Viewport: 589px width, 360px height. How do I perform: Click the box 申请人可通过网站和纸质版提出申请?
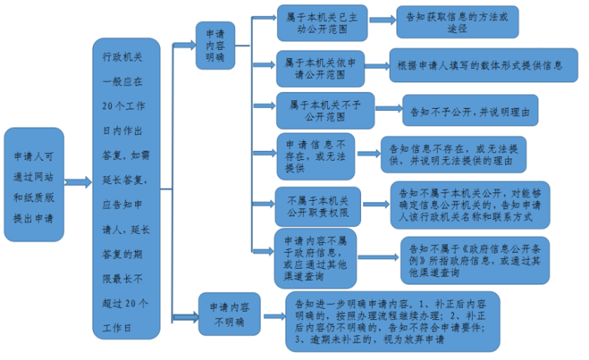(34, 184)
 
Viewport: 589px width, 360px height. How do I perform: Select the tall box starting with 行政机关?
(126, 189)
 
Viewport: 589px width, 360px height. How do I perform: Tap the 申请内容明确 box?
(215, 45)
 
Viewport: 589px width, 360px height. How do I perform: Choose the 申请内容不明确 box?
(229, 314)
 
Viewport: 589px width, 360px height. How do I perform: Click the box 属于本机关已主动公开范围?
(322, 23)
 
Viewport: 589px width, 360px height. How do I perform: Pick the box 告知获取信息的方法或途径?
(457, 22)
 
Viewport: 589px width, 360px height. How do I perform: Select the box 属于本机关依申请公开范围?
(320, 69)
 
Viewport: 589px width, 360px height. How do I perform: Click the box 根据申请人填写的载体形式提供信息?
(483, 65)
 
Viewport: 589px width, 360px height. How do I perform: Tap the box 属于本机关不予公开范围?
(325, 111)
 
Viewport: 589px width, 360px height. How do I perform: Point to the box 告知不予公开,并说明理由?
(470, 110)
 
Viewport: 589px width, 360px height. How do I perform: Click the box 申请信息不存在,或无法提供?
(316, 156)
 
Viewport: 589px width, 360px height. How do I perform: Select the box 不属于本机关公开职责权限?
(318, 207)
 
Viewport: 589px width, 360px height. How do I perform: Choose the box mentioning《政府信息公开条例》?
(475, 260)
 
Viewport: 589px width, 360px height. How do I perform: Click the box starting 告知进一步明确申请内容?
(393, 322)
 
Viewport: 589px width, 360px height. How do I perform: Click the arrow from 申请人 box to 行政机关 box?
(78, 182)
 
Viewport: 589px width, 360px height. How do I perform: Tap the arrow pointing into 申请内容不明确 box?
(185, 317)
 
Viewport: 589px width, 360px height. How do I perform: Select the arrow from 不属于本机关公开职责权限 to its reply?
(376, 205)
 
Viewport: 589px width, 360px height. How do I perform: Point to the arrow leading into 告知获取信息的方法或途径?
(382, 20)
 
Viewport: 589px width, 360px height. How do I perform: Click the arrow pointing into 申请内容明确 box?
(184, 45)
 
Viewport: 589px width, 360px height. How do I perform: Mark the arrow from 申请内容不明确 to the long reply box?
(274, 316)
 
